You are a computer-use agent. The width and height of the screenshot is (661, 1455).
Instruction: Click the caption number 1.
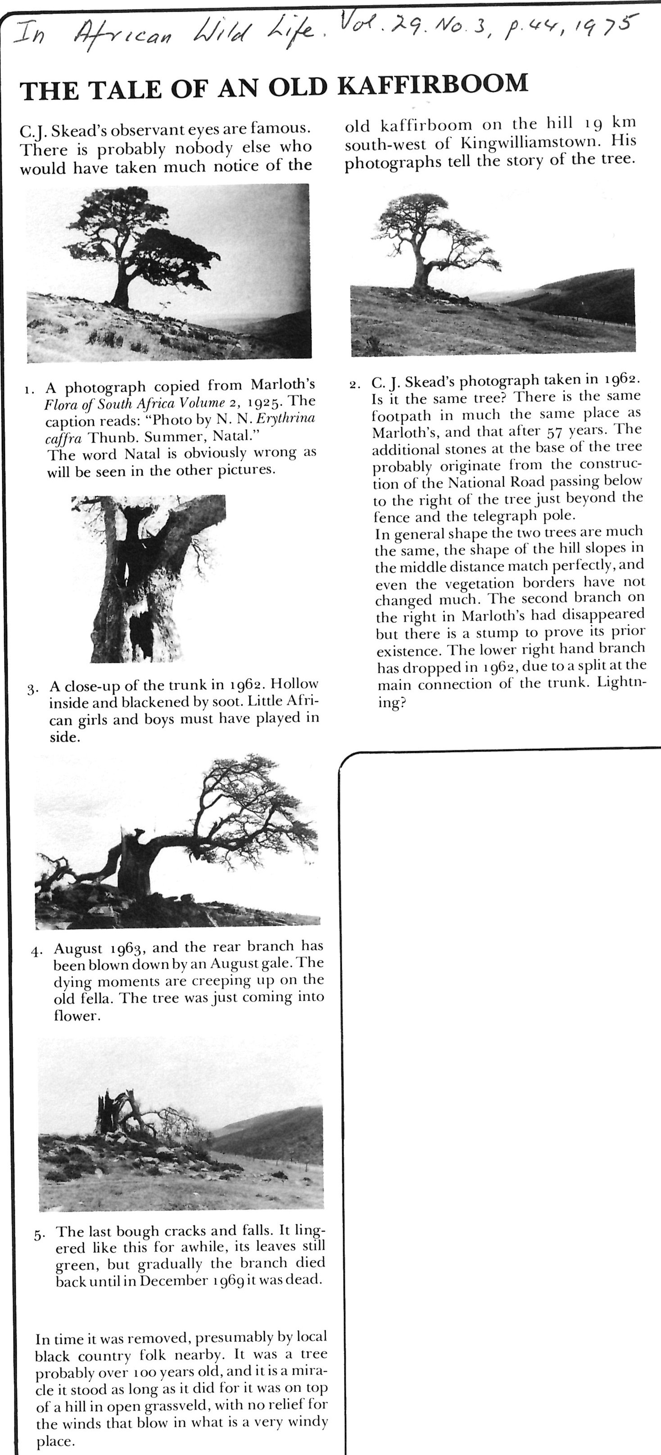(28, 389)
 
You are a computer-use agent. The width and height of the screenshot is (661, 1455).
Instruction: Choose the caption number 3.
(32, 689)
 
